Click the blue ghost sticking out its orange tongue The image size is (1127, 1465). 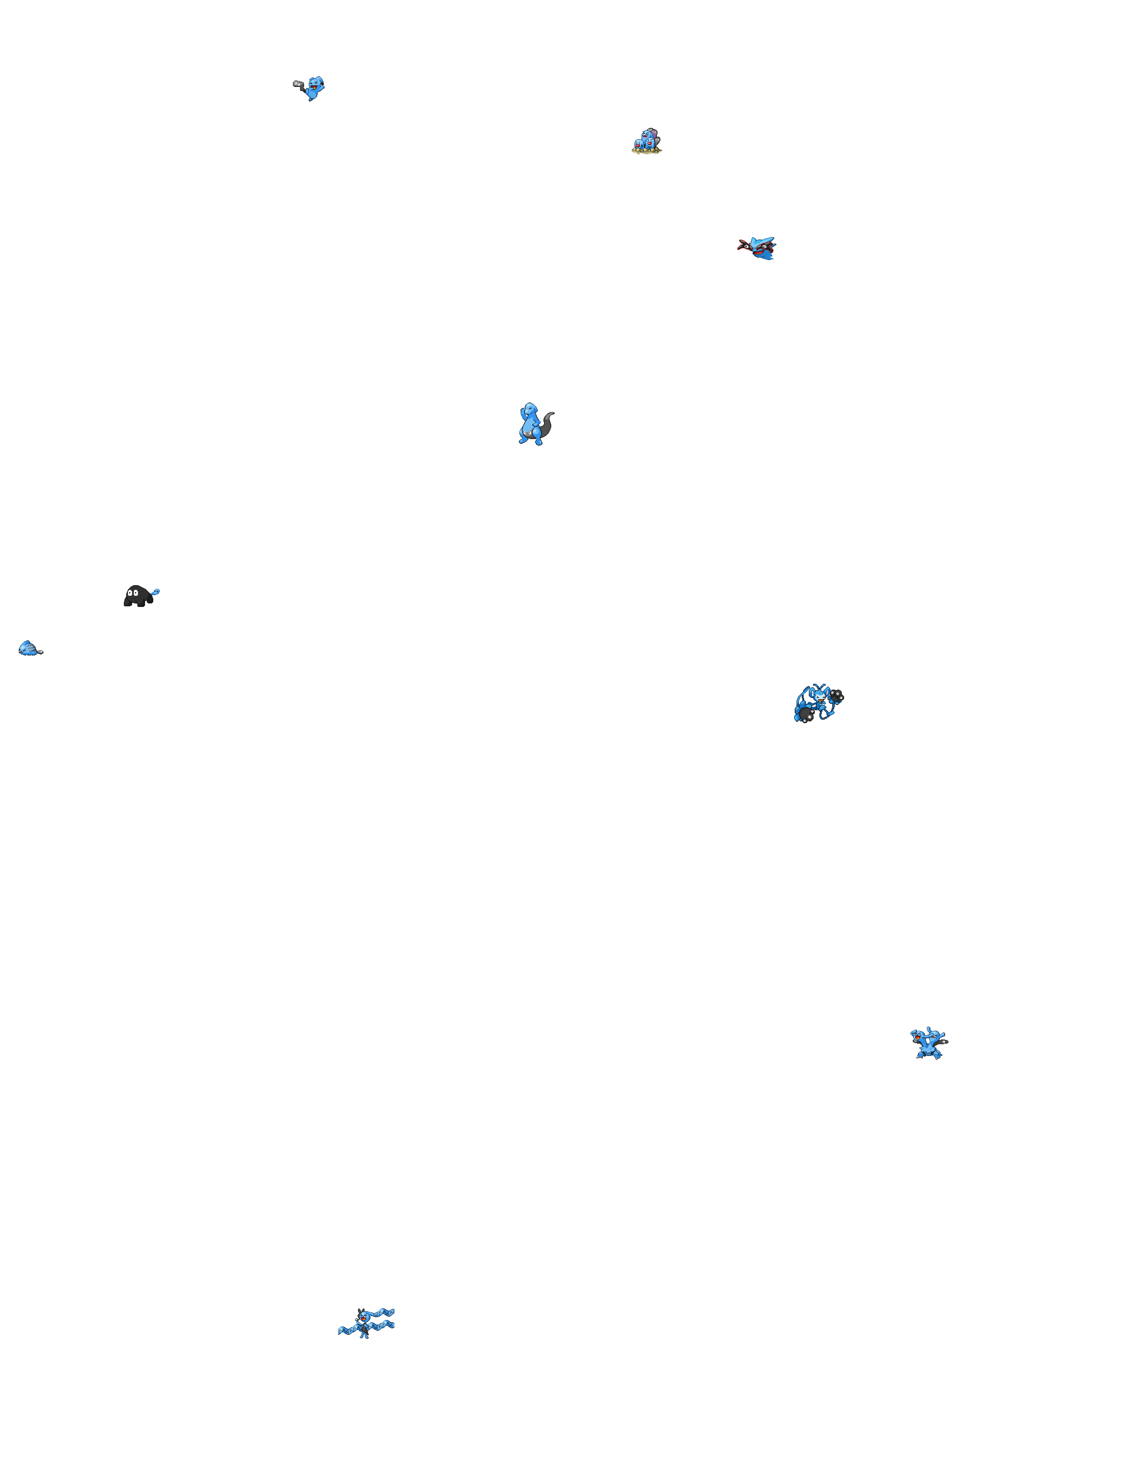tap(315, 88)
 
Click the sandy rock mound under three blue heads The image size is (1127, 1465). tap(646, 151)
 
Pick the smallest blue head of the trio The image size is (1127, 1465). tap(638, 144)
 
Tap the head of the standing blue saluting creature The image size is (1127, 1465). tap(530, 409)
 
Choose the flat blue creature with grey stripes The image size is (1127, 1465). tap(28, 648)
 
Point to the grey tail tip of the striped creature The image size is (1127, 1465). tap(40, 651)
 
